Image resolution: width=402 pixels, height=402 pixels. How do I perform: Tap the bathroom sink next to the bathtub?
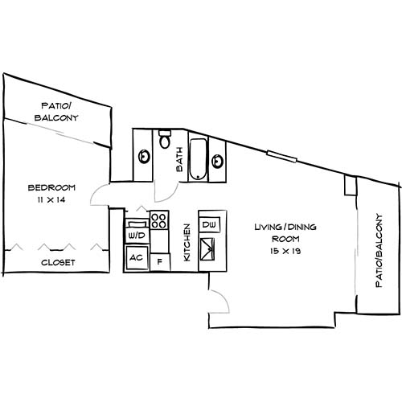point(216,161)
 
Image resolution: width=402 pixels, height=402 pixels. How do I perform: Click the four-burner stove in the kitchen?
point(158,219)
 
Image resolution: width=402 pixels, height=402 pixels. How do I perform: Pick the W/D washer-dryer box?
point(135,236)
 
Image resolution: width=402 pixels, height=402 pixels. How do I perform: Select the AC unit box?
point(135,258)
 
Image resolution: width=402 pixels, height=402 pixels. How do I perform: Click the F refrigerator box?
point(160,261)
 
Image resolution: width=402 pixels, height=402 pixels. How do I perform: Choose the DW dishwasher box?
point(208,224)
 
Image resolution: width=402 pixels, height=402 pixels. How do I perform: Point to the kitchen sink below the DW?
point(208,248)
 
